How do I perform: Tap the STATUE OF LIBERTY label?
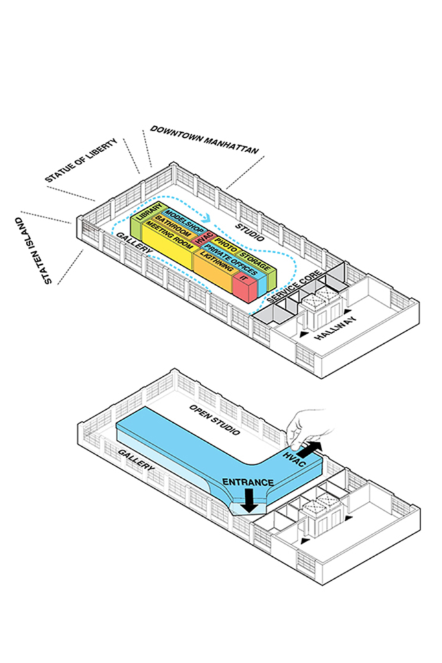(82, 159)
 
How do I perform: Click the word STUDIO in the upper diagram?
(250, 230)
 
